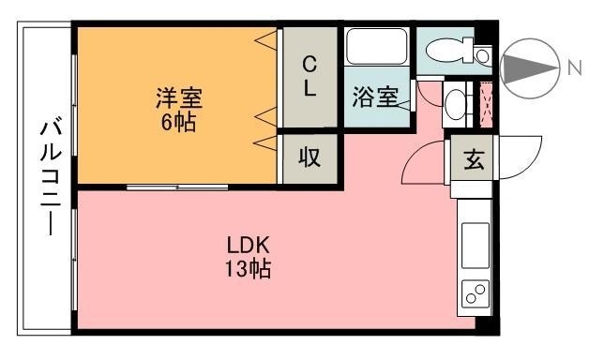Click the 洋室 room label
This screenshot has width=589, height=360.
pyautogui.click(x=179, y=98)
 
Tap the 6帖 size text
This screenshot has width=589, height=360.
pyautogui.click(x=178, y=122)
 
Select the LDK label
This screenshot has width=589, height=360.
pyautogui.click(x=248, y=246)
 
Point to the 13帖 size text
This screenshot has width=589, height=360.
pyautogui.click(x=248, y=269)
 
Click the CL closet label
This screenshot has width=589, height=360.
pyautogui.click(x=310, y=76)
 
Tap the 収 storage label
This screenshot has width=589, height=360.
pyautogui.click(x=310, y=157)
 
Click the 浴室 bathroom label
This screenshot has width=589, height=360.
pyautogui.click(x=375, y=97)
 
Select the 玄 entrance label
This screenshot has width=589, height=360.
pyautogui.click(x=474, y=159)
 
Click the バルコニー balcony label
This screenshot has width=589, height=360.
pyautogui.click(x=51, y=178)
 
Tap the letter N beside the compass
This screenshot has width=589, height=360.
pyautogui.click(x=574, y=68)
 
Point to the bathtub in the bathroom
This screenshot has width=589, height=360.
pyautogui.click(x=377, y=46)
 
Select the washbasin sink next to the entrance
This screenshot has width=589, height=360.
pyautogui.click(x=456, y=104)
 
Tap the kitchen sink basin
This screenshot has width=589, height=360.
pyautogui.click(x=476, y=246)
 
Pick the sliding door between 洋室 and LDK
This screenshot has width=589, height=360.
pyautogui.click(x=177, y=187)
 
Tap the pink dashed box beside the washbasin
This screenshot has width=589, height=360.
pyautogui.click(x=487, y=106)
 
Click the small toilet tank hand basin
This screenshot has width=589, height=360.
pyautogui.click(x=483, y=56)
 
